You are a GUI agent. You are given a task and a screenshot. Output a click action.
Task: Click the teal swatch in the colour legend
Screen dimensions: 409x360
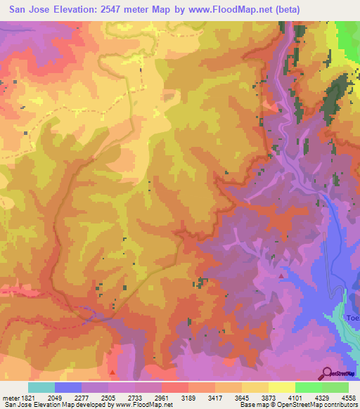[41, 387]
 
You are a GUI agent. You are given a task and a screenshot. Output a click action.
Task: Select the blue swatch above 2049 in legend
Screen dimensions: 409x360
[68, 387]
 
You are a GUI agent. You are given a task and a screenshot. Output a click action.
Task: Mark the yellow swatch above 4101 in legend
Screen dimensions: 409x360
[282, 387]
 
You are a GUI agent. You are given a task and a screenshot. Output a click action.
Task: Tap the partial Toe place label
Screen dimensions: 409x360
[352, 318]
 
